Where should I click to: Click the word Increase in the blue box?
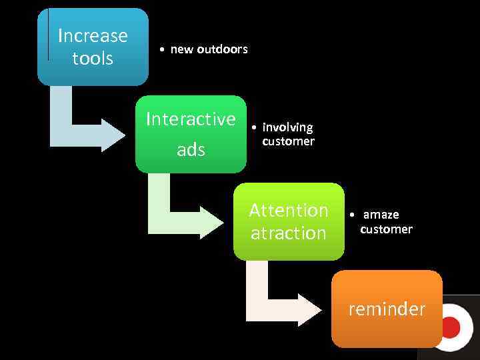(x=93, y=35)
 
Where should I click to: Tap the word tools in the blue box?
(x=93, y=59)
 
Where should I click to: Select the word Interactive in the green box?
(x=191, y=119)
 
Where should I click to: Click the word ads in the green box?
(x=191, y=150)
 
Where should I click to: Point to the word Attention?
(x=289, y=211)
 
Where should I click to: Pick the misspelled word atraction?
(x=289, y=233)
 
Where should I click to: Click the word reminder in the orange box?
(x=387, y=309)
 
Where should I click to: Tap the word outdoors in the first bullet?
(x=222, y=49)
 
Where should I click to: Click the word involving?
(x=287, y=127)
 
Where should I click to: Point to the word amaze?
(x=381, y=215)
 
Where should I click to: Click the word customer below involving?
(x=288, y=141)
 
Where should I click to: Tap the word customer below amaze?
(x=386, y=229)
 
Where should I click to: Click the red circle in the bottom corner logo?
(x=451, y=327)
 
